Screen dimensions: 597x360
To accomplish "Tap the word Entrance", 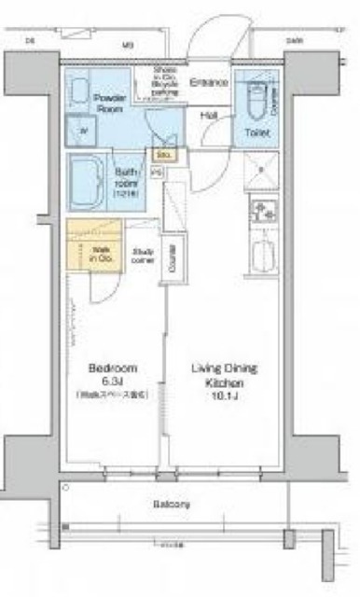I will (209, 82).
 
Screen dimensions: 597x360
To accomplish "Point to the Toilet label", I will (257, 133).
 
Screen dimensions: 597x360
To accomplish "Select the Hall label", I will (210, 115).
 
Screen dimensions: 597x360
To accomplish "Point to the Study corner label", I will (143, 254).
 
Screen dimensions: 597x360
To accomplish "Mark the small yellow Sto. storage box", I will (161, 153).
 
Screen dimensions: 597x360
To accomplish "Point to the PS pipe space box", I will (156, 173).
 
